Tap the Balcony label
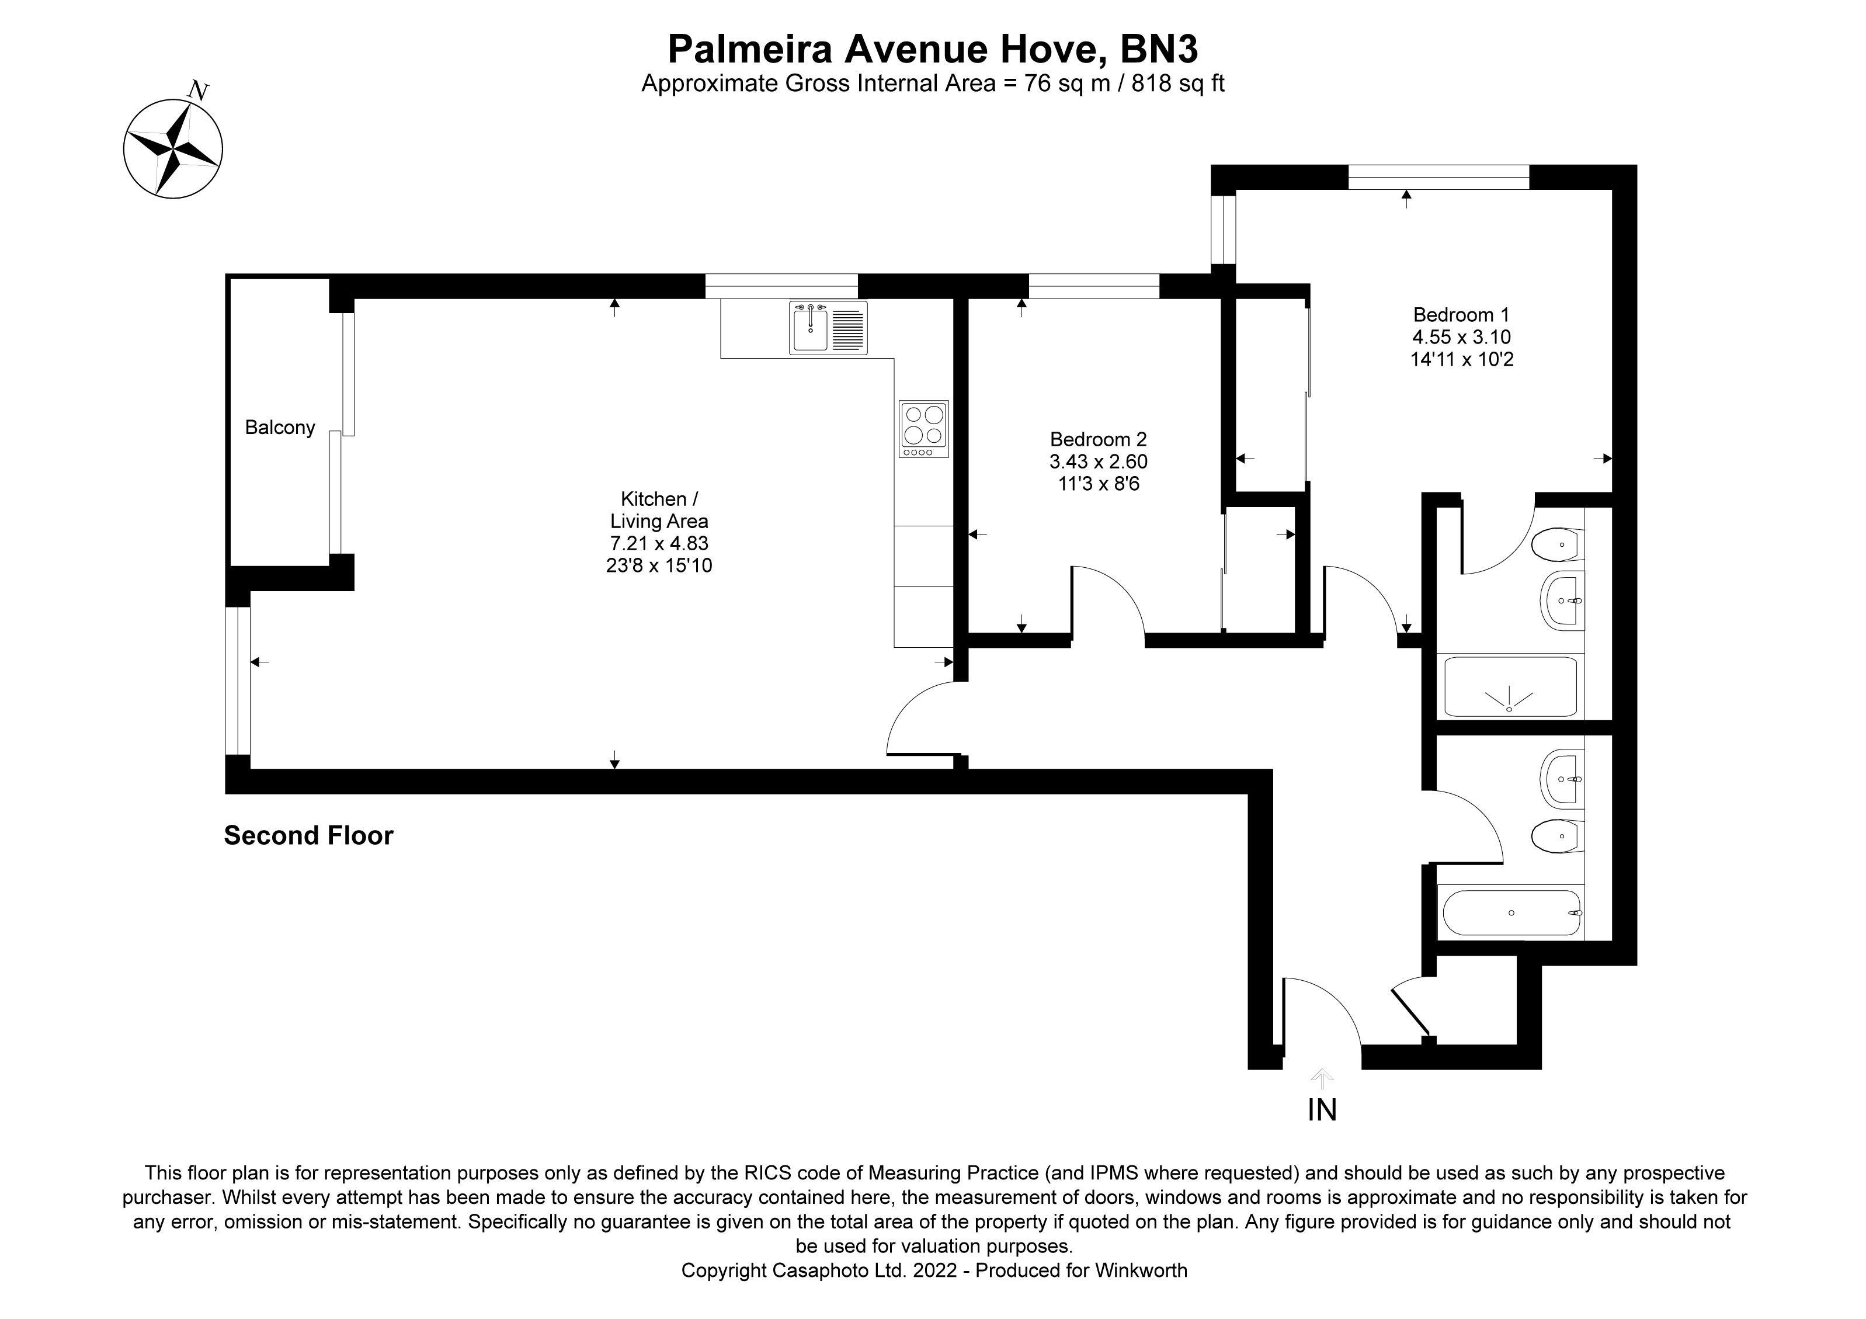click(280, 428)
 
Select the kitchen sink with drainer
click(828, 328)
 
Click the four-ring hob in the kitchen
click(923, 428)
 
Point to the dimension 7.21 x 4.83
click(659, 543)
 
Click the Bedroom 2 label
click(1098, 440)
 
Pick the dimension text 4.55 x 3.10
click(1461, 336)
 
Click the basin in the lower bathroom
click(1561, 779)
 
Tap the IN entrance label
click(1322, 1109)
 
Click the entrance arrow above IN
click(1322, 1078)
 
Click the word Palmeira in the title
click(749, 50)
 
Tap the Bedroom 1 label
click(1461, 314)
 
